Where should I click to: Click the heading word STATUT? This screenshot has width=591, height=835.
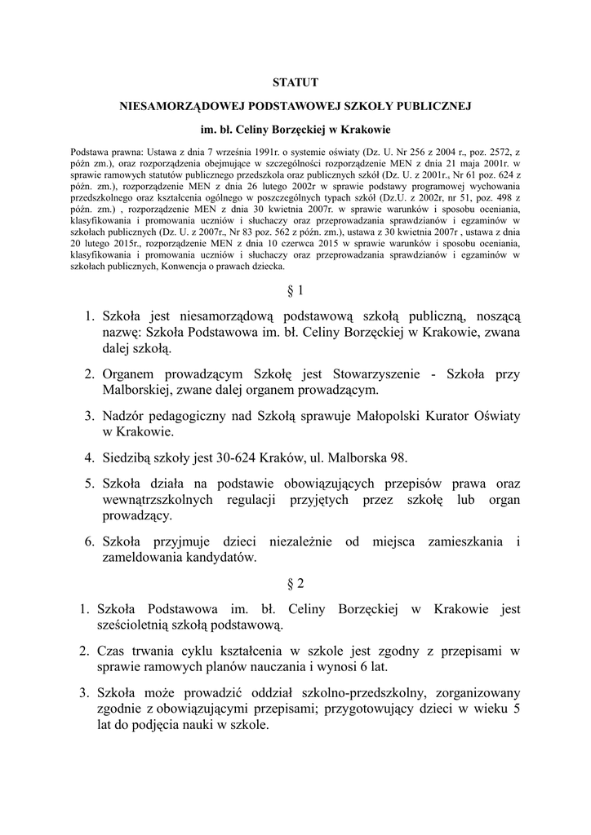click(295, 82)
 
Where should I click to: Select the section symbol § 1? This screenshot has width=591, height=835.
click(295, 289)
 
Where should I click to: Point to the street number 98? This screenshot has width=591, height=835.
click(396, 457)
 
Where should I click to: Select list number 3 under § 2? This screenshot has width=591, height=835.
click(84, 692)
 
